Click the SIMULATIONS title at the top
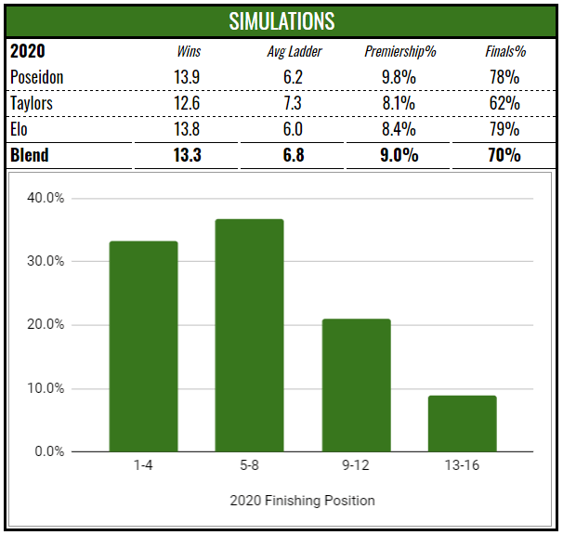281,20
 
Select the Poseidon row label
36,76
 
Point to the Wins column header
189,51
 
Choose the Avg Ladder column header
294,51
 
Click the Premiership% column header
399,51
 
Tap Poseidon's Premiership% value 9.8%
399,76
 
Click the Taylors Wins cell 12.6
189,102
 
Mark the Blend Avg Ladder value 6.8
294,155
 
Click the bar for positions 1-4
143,346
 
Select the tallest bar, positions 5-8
249,335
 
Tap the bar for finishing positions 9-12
356,385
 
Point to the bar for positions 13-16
462,424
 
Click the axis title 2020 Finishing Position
302,501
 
